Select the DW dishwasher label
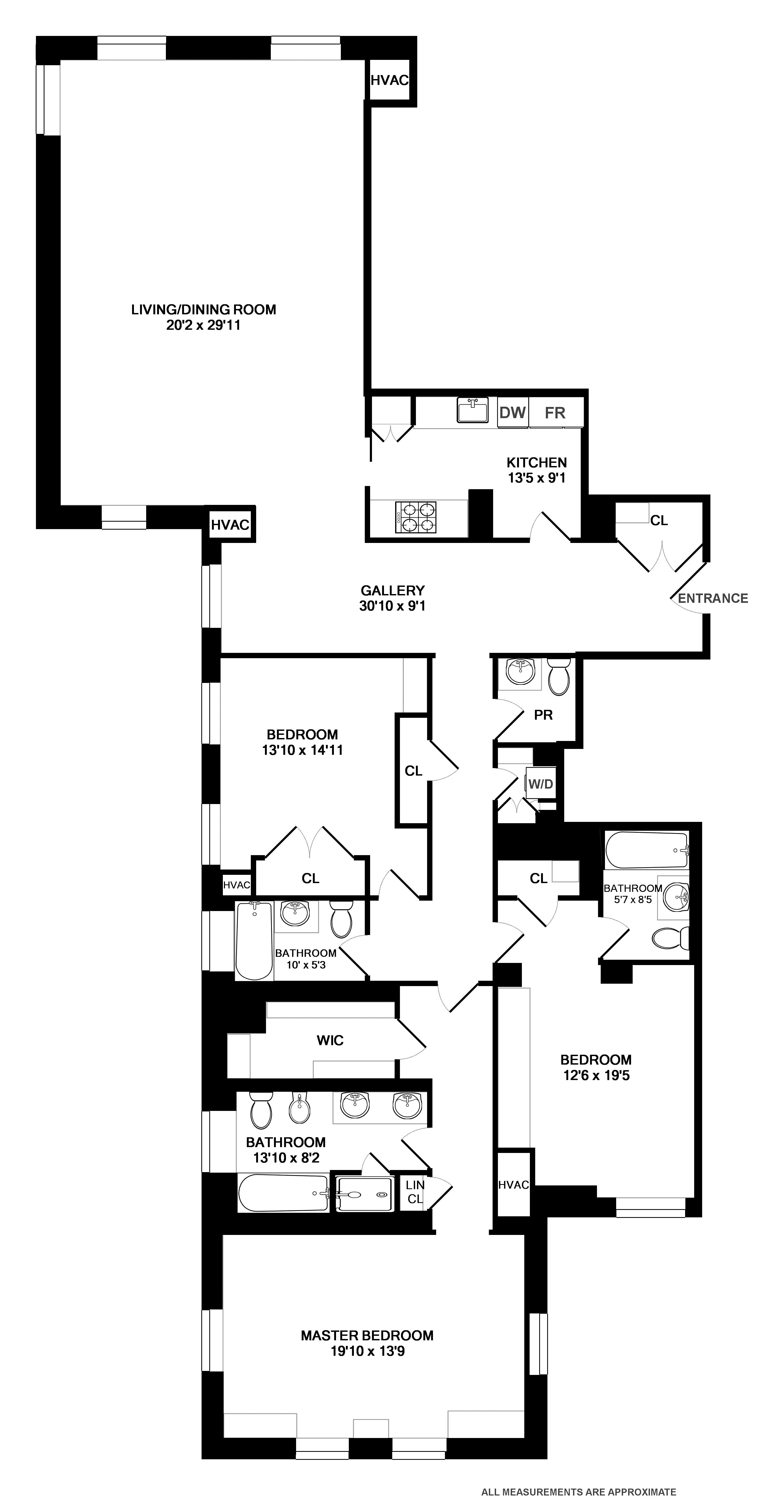point(512,413)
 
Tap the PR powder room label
point(543,715)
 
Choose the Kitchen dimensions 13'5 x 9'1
point(536,478)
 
